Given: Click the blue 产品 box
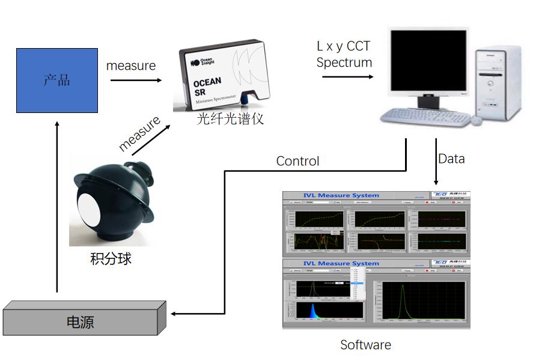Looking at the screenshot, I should pos(57,80).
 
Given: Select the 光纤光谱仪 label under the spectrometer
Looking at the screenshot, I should pos(231,119).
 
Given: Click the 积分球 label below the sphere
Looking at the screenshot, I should pos(111,258).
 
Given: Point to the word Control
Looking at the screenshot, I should pos(297,161).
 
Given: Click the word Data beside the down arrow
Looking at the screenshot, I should pos(451,159).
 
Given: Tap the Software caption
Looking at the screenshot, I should pos(365,345).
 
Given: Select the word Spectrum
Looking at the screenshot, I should pos(344,63).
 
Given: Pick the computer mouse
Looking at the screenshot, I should pos(476,120).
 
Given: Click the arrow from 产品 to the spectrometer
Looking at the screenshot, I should pos(133,80).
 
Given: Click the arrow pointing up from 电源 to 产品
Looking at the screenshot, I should pos(57,204).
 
